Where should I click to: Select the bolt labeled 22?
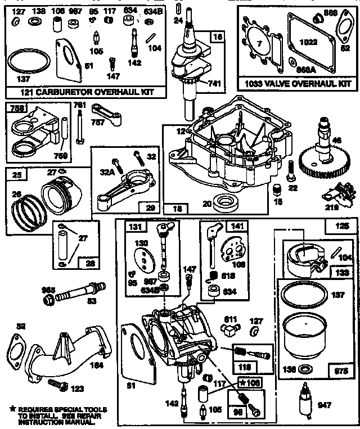tap(291, 169)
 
